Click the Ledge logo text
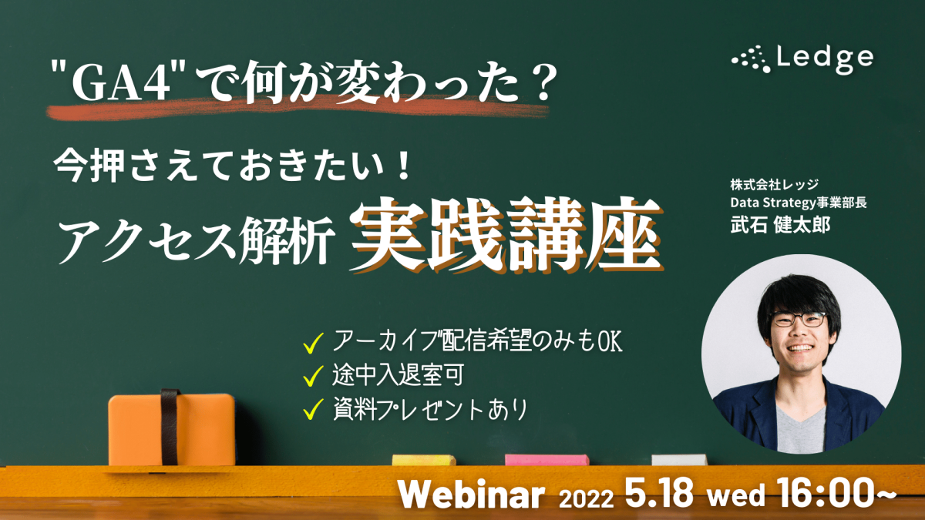click(825, 59)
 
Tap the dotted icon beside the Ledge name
click(751, 59)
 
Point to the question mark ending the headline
click(542, 81)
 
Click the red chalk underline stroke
click(298, 108)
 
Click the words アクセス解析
click(196, 240)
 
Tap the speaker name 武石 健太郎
click(780, 225)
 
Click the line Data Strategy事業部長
click(799, 203)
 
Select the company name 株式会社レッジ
click(774, 184)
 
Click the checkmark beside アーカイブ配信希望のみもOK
click(313, 344)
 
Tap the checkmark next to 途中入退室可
click(313, 376)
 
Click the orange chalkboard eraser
click(172, 429)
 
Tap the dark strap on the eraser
click(170, 427)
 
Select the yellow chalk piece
click(424, 460)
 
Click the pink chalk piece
click(547, 460)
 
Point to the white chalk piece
click(679, 460)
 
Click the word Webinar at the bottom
click(472, 495)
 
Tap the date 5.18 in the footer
click(659, 493)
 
